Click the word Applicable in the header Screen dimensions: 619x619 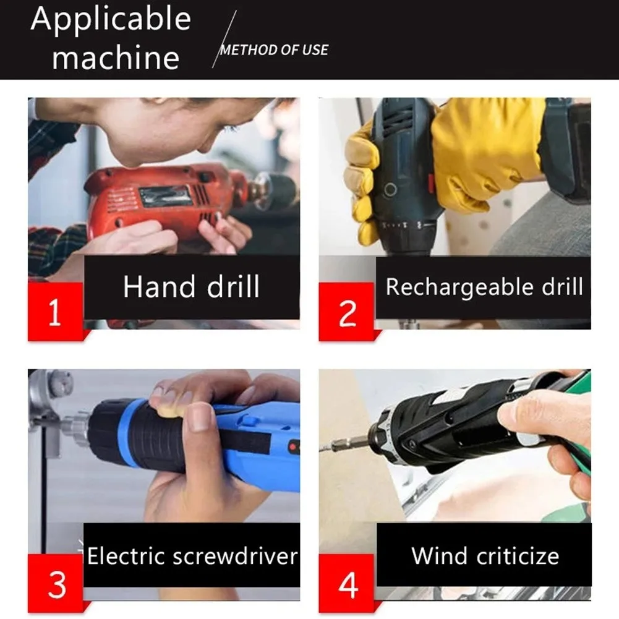click(111, 20)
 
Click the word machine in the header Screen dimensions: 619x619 click(116, 58)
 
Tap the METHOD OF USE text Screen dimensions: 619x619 click(274, 50)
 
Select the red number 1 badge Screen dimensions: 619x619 click(54, 312)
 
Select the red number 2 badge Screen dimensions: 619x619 click(347, 313)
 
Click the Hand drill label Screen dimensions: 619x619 click(191, 288)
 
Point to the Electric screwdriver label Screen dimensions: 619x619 click(192, 556)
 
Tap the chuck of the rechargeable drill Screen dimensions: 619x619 click(405, 235)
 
